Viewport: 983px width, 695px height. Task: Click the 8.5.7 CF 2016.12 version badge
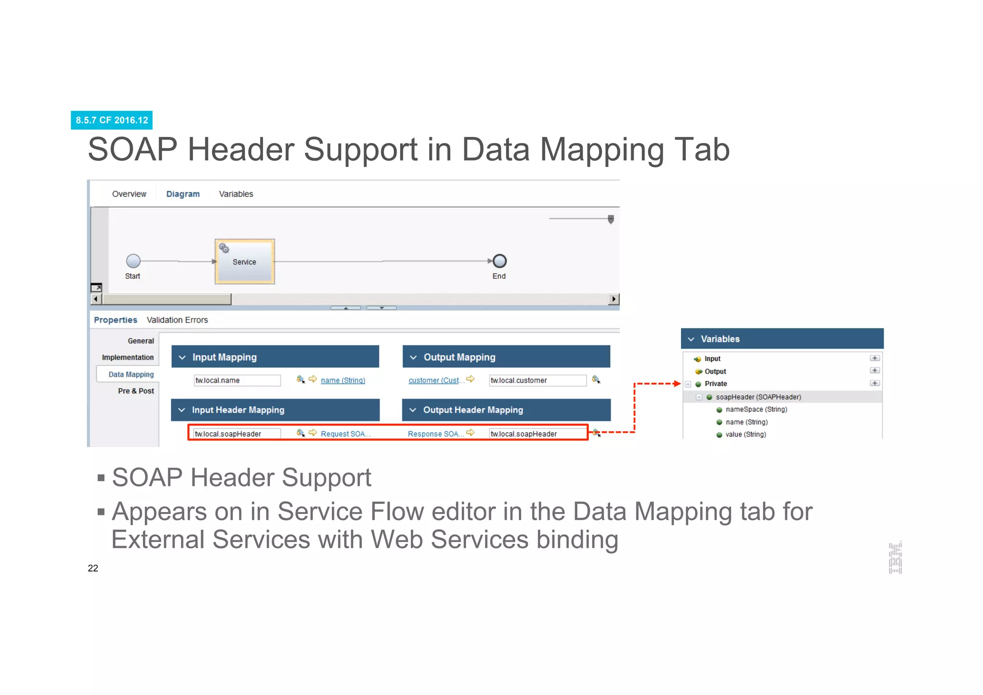coord(111,120)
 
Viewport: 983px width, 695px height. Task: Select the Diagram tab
coord(182,194)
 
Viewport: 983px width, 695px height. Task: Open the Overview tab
coord(129,194)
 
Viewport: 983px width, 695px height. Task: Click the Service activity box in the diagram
coord(244,261)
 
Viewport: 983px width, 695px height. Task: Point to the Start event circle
coord(133,261)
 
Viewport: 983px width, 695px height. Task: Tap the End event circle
coord(500,261)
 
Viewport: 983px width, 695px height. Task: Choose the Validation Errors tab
coord(177,320)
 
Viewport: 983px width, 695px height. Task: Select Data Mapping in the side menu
coord(131,374)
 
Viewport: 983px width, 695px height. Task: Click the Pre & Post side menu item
coord(136,391)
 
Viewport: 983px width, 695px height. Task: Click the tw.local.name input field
coord(237,380)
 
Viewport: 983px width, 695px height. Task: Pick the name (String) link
coord(343,380)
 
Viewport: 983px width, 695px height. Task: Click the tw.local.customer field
coord(537,380)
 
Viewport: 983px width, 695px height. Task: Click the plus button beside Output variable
coord(875,371)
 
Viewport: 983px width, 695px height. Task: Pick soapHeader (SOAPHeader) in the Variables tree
coord(758,397)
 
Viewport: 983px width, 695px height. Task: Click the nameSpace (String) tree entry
coord(756,409)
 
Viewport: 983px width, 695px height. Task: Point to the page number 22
coord(93,568)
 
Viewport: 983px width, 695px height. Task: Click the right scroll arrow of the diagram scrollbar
coord(613,299)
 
